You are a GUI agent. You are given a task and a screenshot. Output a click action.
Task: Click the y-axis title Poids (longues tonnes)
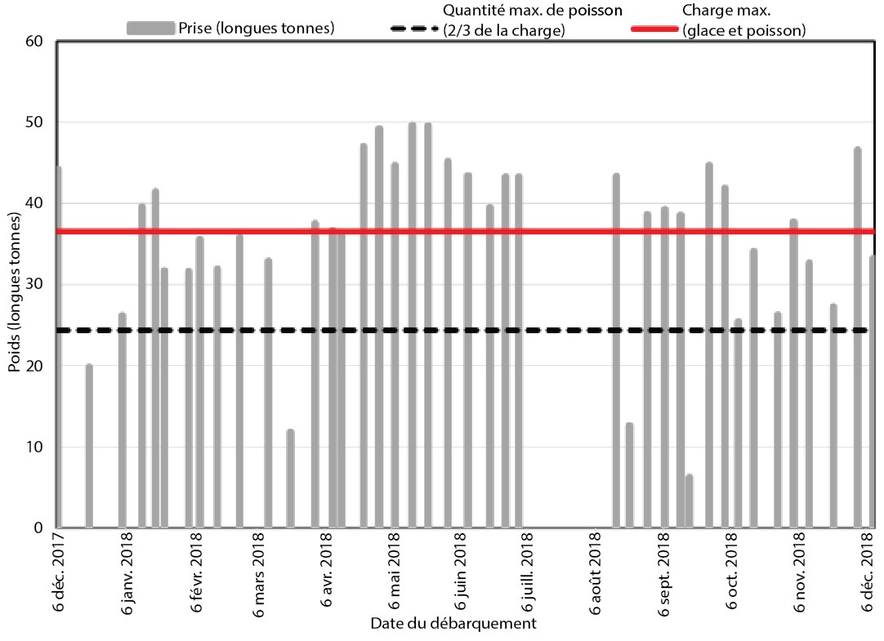pos(14,292)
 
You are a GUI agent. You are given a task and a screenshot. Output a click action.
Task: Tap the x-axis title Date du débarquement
pos(453,625)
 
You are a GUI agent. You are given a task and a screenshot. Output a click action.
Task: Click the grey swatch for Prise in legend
pos(150,29)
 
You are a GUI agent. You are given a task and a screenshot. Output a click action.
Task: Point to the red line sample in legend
pos(655,29)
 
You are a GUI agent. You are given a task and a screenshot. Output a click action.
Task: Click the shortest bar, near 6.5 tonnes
pos(689,501)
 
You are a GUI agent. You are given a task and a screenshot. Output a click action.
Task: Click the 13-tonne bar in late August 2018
pos(629,475)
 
